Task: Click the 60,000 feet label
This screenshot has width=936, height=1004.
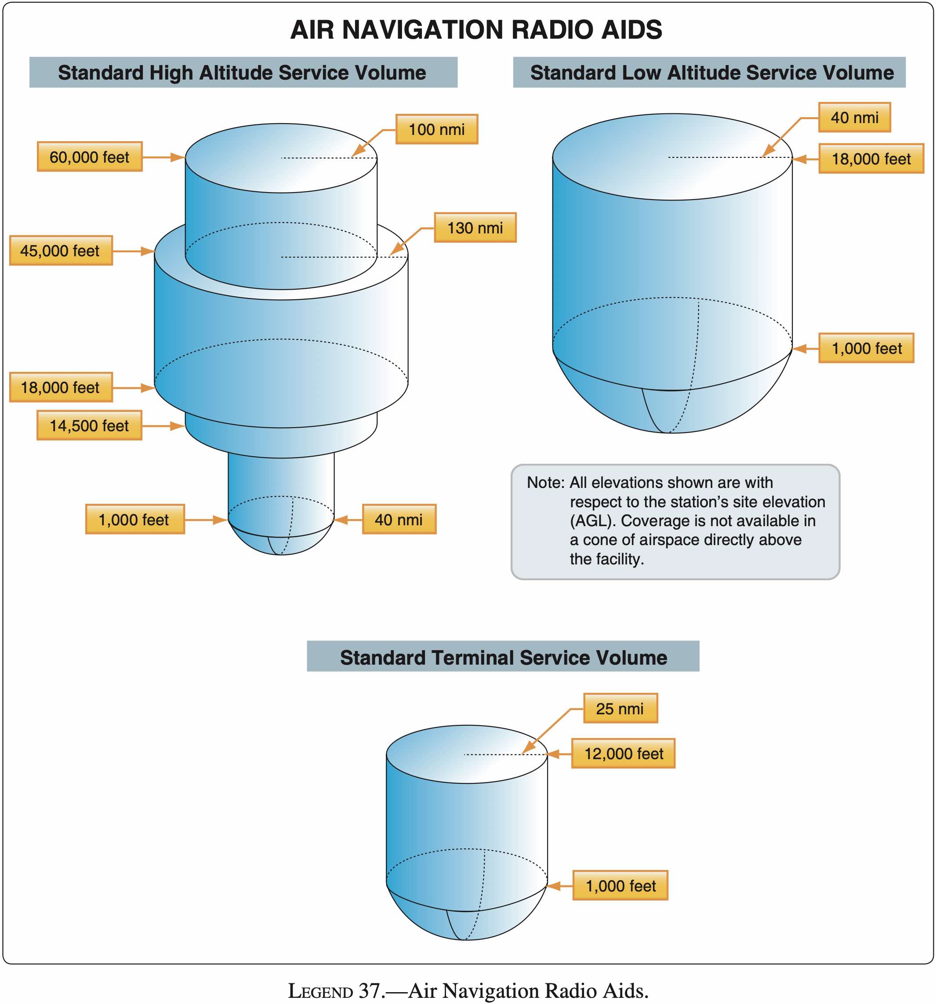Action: (89, 157)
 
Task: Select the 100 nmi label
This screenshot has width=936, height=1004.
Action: (436, 129)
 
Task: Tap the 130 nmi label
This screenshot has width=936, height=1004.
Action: (475, 228)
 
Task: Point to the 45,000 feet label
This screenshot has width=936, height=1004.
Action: (61, 251)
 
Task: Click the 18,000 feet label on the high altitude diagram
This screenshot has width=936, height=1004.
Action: (61, 387)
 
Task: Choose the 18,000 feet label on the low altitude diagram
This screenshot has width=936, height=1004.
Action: (871, 159)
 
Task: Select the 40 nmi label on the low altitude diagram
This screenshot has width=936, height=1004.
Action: (854, 118)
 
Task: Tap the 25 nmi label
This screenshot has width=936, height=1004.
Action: (620, 709)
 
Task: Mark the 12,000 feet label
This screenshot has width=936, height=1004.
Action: (623, 753)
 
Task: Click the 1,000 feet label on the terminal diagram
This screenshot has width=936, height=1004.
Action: (620, 885)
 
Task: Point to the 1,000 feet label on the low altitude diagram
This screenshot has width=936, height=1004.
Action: (866, 348)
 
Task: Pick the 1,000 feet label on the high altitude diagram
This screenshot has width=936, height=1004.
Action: (134, 519)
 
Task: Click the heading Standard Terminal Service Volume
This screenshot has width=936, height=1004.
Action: (503, 657)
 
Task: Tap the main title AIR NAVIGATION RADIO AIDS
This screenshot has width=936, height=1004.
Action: (475, 30)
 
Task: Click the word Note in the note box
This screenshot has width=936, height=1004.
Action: (544, 482)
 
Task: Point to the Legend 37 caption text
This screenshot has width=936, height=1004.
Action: (468, 991)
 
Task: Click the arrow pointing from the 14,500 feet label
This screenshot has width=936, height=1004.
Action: (163, 426)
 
